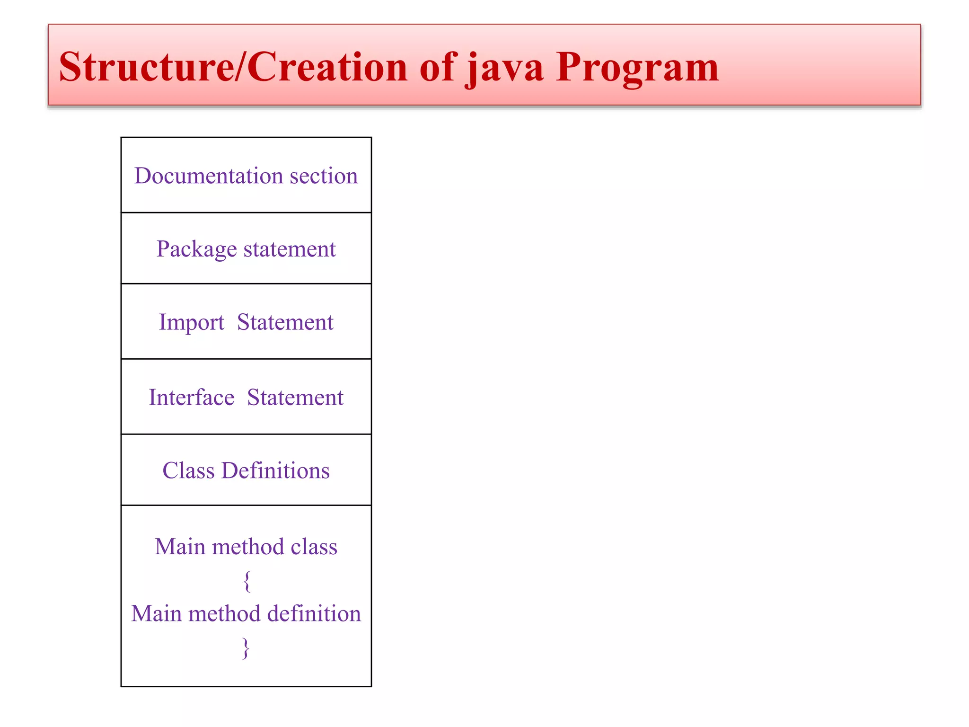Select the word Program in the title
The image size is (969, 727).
(x=637, y=67)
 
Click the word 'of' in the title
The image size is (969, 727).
(x=436, y=67)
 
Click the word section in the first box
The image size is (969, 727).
(x=324, y=176)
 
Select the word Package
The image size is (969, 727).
(x=196, y=249)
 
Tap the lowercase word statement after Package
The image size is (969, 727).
(x=289, y=249)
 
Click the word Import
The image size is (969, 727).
(x=191, y=322)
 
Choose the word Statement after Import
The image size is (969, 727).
(x=285, y=322)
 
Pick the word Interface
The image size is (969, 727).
(x=191, y=397)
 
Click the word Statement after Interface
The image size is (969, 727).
(x=295, y=397)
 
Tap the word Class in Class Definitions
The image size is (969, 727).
(x=188, y=470)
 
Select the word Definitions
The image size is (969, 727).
(x=275, y=470)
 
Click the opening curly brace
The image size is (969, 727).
(x=247, y=581)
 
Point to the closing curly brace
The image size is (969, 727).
(x=246, y=647)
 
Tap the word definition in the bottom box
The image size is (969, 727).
(x=314, y=614)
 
